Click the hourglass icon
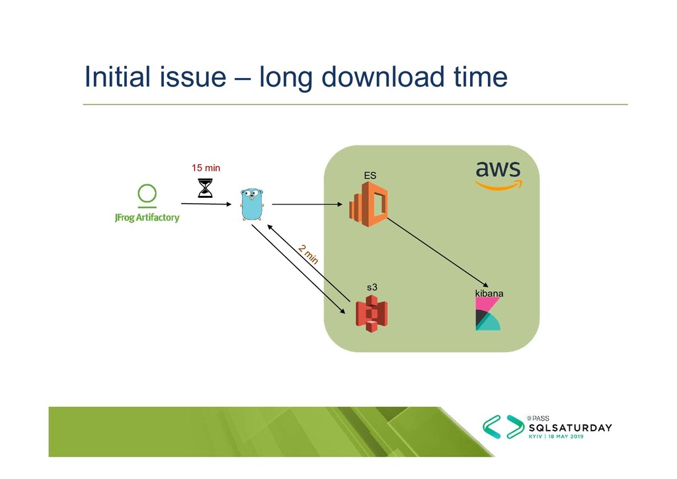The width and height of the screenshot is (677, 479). tap(206, 188)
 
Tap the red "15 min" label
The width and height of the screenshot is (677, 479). tap(206, 168)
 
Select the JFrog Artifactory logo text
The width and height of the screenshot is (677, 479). tap(147, 217)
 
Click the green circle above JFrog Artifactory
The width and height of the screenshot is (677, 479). tap(147, 194)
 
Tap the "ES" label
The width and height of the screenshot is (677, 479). tap(370, 175)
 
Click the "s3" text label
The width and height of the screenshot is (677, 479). tap(372, 287)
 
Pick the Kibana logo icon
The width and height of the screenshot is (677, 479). tap(488, 314)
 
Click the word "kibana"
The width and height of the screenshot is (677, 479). tap(489, 292)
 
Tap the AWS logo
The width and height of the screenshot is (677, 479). tap(498, 174)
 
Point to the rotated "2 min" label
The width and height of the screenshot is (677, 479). tap(308, 254)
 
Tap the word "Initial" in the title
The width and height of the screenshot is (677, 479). tap(116, 78)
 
